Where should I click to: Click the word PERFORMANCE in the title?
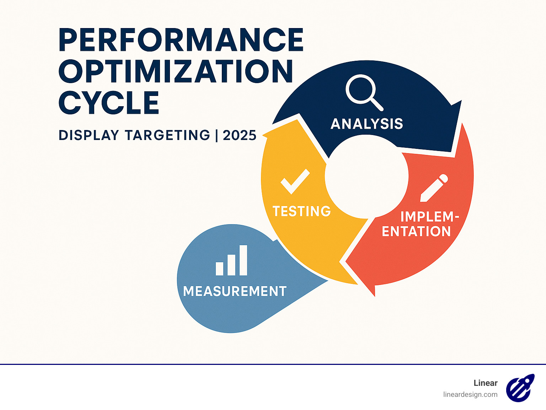181,39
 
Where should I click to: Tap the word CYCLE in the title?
109,103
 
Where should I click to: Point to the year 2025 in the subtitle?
240,135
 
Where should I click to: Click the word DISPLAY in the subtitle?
89,135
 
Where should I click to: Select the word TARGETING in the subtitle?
168,135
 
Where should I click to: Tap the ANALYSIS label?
367,124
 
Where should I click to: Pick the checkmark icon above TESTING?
295,181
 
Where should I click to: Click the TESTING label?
302,211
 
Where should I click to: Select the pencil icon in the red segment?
434,188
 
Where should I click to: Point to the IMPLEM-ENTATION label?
419,224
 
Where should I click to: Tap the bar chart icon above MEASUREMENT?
231,261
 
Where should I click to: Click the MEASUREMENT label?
235,291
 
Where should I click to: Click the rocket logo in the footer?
520,388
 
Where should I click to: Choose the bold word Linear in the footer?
486,383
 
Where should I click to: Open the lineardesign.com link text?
470,394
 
